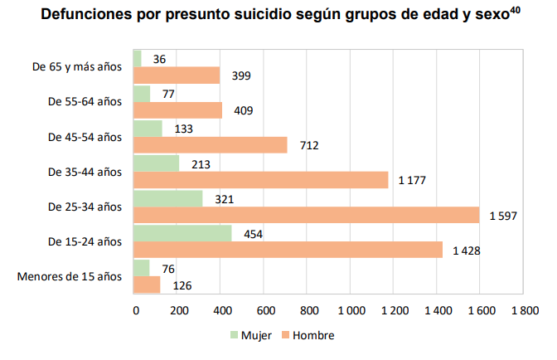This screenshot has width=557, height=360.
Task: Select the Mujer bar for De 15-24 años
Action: [182, 233]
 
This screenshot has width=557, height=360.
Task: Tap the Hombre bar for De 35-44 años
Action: [260, 180]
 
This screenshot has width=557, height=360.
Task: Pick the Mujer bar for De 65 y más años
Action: [137, 58]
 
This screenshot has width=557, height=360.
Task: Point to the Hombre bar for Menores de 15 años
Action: [147, 285]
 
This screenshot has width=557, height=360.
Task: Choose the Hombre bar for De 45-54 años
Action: [210, 145]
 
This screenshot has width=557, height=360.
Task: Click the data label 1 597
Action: [502, 216]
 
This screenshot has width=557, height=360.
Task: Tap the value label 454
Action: [252, 233]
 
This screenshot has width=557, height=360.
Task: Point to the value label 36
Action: [160, 59]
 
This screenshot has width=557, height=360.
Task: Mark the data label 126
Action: [181, 285]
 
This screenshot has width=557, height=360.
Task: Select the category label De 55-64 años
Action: [85, 101]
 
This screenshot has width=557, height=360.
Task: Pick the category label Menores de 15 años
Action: [70, 275]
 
